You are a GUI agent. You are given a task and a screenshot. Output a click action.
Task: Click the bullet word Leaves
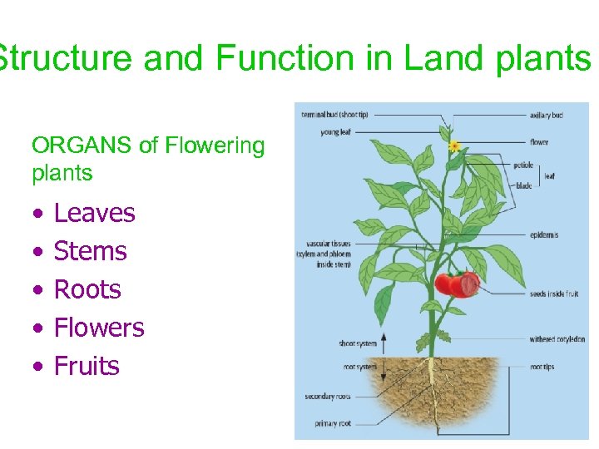click(x=94, y=214)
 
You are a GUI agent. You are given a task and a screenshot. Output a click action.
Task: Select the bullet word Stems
click(x=90, y=251)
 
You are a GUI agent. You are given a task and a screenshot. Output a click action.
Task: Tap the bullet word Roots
click(x=87, y=290)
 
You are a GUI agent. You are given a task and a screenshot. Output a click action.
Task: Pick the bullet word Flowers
click(x=99, y=328)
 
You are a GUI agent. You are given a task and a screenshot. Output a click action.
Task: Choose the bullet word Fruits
click(x=87, y=366)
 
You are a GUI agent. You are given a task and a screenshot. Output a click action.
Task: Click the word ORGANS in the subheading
click(x=82, y=146)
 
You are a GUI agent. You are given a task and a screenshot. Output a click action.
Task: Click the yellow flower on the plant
click(x=454, y=146)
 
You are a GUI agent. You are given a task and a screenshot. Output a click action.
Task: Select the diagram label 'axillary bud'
click(x=546, y=115)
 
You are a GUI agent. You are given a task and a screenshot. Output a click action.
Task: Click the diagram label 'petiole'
click(x=523, y=165)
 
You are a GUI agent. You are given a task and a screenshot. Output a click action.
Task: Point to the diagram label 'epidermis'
click(x=544, y=235)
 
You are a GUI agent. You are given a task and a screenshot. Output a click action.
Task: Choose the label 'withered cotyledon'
click(x=557, y=339)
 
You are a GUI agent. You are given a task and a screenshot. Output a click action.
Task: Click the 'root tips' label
click(x=543, y=366)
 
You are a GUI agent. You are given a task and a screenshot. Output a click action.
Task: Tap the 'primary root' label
click(x=332, y=424)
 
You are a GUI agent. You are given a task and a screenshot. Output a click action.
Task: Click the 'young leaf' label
click(x=335, y=132)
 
